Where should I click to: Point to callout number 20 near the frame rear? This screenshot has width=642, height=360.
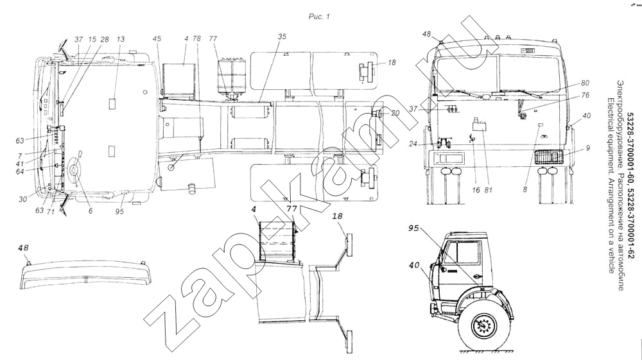pyautogui.click(x=394, y=114)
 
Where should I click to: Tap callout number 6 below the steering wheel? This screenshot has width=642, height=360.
pyautogui.click(x=91, y=210)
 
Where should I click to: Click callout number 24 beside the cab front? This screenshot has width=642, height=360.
pyautogui.click(x=412, y=144)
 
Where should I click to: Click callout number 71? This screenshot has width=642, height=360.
pyautogui.click(x=51, y=210)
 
